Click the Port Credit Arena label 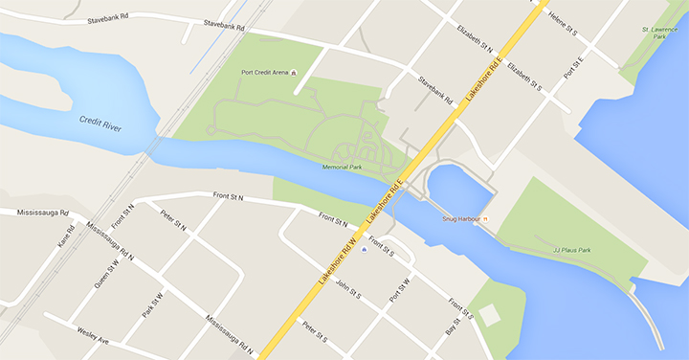[264, 73]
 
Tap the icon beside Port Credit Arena [294, 73]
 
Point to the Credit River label [102, 122]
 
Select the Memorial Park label [342, 167]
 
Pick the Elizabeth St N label [475, 37]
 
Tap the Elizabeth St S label [524, 77]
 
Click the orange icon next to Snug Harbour [485, 219]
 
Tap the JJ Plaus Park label [571, 250]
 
